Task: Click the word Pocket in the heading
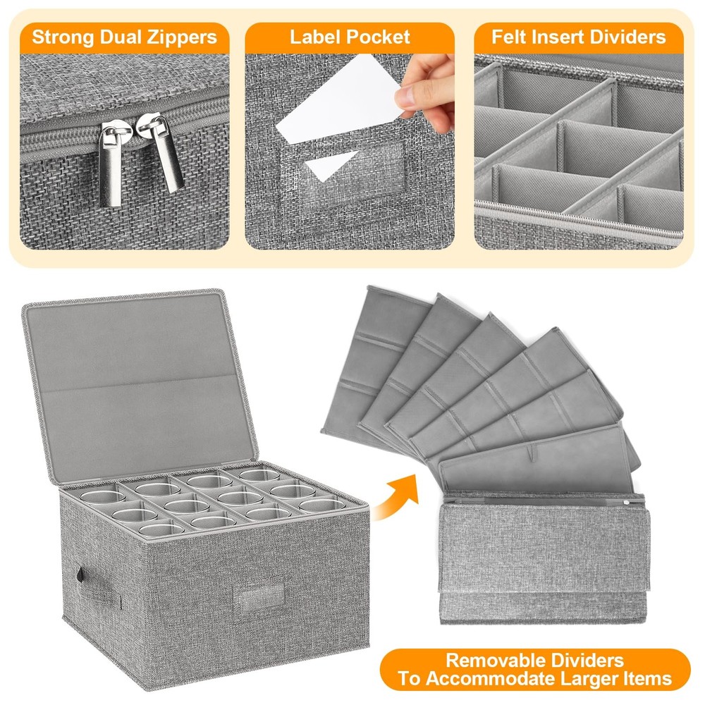(377, 37)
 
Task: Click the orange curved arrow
(398, 498)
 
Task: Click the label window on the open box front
(259, 596)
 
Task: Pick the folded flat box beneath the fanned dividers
(544, 558)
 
